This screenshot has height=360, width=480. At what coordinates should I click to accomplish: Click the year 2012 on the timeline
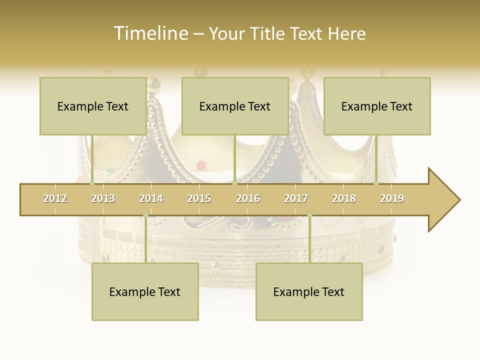coord(55,198)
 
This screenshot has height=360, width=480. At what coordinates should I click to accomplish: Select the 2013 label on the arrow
coord(103,198)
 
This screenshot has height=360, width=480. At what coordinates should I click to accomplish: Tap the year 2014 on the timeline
coord(151,198)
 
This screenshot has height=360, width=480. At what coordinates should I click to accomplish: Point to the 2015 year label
coord(199,198)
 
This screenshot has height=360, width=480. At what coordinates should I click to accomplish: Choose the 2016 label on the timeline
coord(248,198)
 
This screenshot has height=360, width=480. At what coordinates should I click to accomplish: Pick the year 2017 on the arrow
coord(296,198)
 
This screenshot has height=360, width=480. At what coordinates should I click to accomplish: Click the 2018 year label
coord(344,198)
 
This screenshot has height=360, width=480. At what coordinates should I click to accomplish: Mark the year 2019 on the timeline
coord(392,198)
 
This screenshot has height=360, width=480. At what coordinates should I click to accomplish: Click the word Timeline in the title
coord(150,33)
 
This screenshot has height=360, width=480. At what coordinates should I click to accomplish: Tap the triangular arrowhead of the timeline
coord(443,200)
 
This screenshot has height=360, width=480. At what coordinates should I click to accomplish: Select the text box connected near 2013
coord(93,106)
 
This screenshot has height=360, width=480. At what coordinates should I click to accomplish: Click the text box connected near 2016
coord(235,106)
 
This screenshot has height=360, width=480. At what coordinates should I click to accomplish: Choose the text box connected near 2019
coord(377,106)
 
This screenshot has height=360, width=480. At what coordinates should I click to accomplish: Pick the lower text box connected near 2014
coord(145,291)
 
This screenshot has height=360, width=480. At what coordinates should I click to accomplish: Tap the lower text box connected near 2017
coord(309,291)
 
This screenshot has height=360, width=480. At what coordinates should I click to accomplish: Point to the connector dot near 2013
coord(92,183)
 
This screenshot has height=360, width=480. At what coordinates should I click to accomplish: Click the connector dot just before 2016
coord(234,183)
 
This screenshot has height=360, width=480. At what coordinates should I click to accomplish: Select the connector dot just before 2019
coord(376,183)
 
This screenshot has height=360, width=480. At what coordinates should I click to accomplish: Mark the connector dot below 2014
coord(145,215)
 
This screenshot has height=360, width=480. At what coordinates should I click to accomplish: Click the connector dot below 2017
coord(309,215)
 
